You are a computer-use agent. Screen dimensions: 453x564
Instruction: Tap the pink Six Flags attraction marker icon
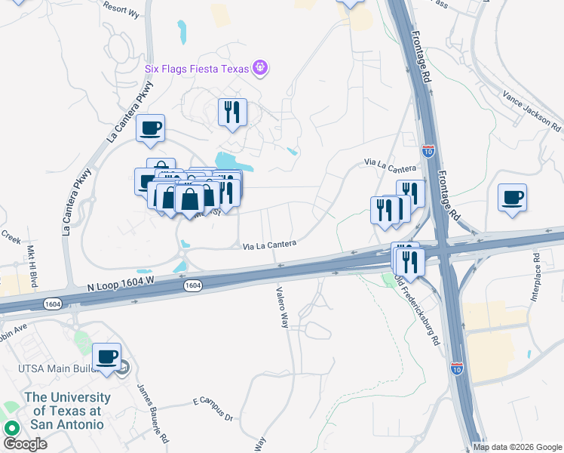[261, 68]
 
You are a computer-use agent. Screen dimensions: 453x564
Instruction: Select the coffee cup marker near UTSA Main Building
[106, 357]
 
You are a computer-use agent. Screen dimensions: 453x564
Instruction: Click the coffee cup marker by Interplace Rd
[512, 198]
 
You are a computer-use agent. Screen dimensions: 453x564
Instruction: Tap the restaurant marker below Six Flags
[232, 112]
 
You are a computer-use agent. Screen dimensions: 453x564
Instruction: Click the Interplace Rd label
[538, 279]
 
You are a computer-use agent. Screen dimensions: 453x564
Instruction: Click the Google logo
[25, 443]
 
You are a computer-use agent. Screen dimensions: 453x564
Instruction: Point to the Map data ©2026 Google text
[516, 447]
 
